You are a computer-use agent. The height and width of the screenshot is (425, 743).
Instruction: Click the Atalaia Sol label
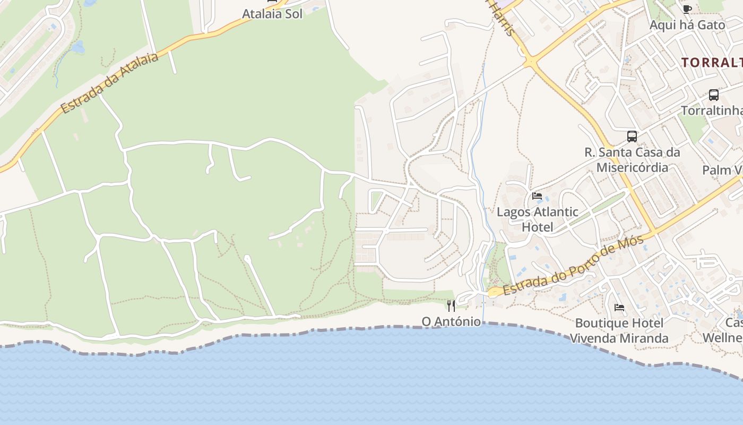(x=272, y=14)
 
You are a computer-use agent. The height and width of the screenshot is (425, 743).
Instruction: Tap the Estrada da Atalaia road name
(x=110, y=82)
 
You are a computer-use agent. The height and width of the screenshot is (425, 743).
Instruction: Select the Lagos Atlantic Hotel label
(x=537, y=219)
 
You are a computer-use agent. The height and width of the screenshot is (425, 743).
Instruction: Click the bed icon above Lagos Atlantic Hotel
(x=537, y=196)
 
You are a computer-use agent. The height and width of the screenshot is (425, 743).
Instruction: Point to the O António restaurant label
(x=451, y=321)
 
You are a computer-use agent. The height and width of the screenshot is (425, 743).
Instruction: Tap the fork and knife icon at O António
(x=451, y=305)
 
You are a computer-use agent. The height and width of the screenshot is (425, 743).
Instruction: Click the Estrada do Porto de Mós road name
(x=574, y=265)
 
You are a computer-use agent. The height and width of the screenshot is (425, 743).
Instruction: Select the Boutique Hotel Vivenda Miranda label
(x=619, y=330)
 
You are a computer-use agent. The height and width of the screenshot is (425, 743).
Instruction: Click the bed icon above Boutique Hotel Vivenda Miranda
(x=619, y=307)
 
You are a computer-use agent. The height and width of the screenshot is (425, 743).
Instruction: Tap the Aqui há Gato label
(x=687, y=25)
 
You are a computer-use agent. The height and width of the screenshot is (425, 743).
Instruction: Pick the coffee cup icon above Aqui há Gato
(x=687, y=8)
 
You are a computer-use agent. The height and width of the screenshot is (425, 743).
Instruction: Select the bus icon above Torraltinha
(x=714, y=95)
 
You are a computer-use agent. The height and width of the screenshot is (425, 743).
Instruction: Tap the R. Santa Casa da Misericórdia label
(x=632, y=160)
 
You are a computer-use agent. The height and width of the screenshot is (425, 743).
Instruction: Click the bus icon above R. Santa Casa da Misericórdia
(x=632, y=137)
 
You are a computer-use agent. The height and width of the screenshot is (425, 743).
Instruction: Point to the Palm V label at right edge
(x=722, y=170)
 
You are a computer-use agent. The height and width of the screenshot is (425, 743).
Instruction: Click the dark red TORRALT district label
(x=712, y=62)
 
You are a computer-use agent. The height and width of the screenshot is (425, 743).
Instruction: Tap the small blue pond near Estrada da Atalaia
(x=78, y=48)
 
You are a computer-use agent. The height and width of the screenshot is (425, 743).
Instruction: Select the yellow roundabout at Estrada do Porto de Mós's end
(x=494, y=292)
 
